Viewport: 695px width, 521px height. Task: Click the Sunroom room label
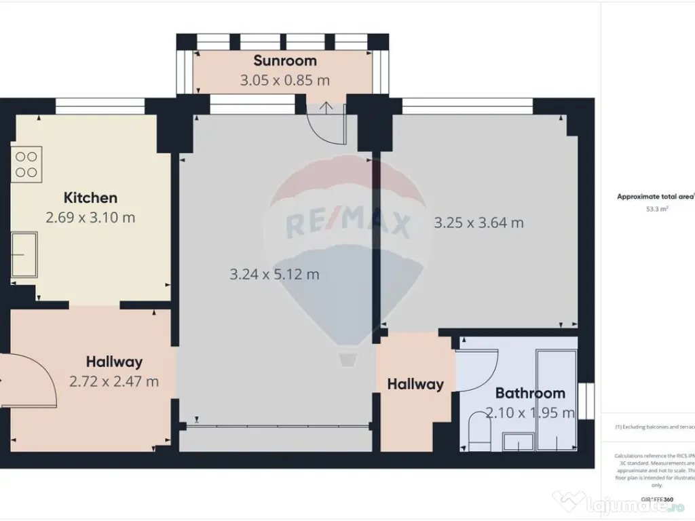pyautogui.click(x=285, y=61)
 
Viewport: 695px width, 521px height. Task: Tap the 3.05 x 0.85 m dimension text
pyautogui.click(x=285, y=80)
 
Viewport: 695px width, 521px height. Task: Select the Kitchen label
pyautogui.click(x=90, y=198)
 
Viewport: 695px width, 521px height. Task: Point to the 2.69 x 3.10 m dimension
pyautogui.click(x=90, y=218)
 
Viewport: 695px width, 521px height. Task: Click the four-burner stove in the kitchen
pyautogui.click(x=26, y=163)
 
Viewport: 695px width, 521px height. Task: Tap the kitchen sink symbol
pyautogui.click(x=24, y=254)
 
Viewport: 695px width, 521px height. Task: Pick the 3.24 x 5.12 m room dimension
pyautogui.click(x=274, y=275)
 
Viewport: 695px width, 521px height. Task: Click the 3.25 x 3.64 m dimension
pyautogui.click(x=478, y=223)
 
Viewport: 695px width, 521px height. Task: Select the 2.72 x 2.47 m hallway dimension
pyautogui.click(x=114, y=381)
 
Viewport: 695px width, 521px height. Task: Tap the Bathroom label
pyautogui.click(x=530, y=393)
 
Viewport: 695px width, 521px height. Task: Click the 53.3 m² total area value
pyautogui.click(x=656, y=210)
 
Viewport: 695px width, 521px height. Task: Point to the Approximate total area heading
pyautogui.click(x=655, y=197)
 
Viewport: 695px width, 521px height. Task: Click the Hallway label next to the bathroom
pyautogui.click(x=415, y=384)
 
